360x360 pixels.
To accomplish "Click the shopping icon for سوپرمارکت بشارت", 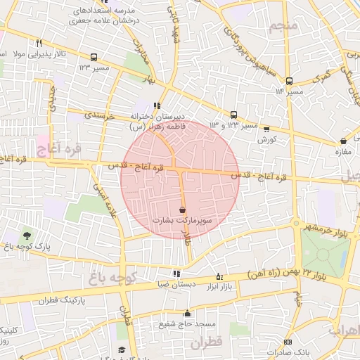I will [183, 210].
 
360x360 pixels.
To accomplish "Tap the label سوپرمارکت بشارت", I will [183, 220].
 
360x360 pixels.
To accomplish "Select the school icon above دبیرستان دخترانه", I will [166, 106].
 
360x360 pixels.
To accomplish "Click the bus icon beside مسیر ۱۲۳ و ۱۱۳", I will [234, 115].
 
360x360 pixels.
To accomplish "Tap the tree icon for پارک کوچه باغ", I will [27, 235].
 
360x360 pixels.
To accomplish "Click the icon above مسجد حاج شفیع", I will [187, 314].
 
